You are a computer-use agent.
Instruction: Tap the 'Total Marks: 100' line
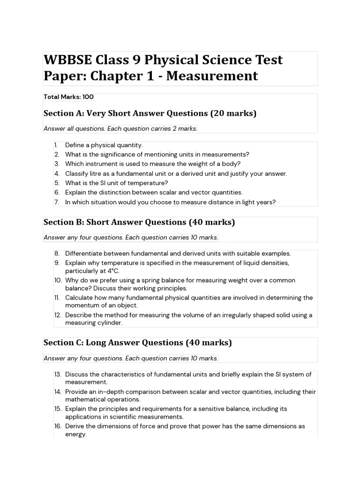[x=68, y=97]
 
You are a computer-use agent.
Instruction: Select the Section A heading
[x=150, y=113]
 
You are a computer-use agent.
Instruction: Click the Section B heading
[x=139, y=222]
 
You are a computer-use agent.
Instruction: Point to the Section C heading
[x=137, y=343]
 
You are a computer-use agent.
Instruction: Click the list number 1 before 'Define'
[x=56, y=145]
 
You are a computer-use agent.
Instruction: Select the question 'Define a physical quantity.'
[x=104, y=145]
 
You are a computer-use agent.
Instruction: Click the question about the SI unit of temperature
[x=116, y=183]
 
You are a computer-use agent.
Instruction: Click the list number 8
[x=57, y=253]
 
